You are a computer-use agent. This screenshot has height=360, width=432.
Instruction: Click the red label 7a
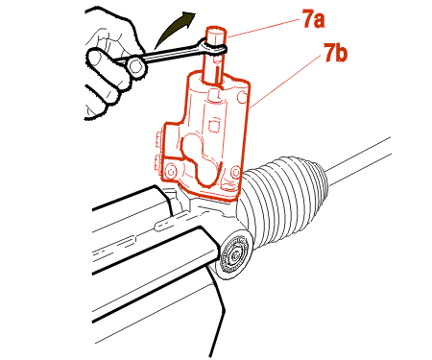tap(313, 18)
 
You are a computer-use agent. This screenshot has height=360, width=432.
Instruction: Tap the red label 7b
tap(335, 53)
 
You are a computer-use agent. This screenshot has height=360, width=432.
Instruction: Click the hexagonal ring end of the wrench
tap(137, 66)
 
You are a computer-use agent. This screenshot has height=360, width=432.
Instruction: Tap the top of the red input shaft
tap(216, 32)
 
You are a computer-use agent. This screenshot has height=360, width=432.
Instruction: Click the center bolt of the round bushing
tap(236, 256)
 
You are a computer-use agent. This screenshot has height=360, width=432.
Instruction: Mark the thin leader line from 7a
tap(264, 28)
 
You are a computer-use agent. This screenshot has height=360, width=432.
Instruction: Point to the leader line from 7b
tap(286, 81)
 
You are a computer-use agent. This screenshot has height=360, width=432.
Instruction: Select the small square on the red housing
tap(214, 126)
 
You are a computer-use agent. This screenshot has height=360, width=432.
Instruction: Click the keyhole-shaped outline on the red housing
tap(200, 158)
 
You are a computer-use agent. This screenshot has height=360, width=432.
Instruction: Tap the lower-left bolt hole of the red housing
tap(171, 172)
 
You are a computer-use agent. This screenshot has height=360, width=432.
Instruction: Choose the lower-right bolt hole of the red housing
tap(235, 173)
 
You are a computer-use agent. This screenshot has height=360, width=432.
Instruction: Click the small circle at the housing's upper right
tap(243, 98)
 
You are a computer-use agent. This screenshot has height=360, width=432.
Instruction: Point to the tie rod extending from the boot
tap(358, 160)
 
